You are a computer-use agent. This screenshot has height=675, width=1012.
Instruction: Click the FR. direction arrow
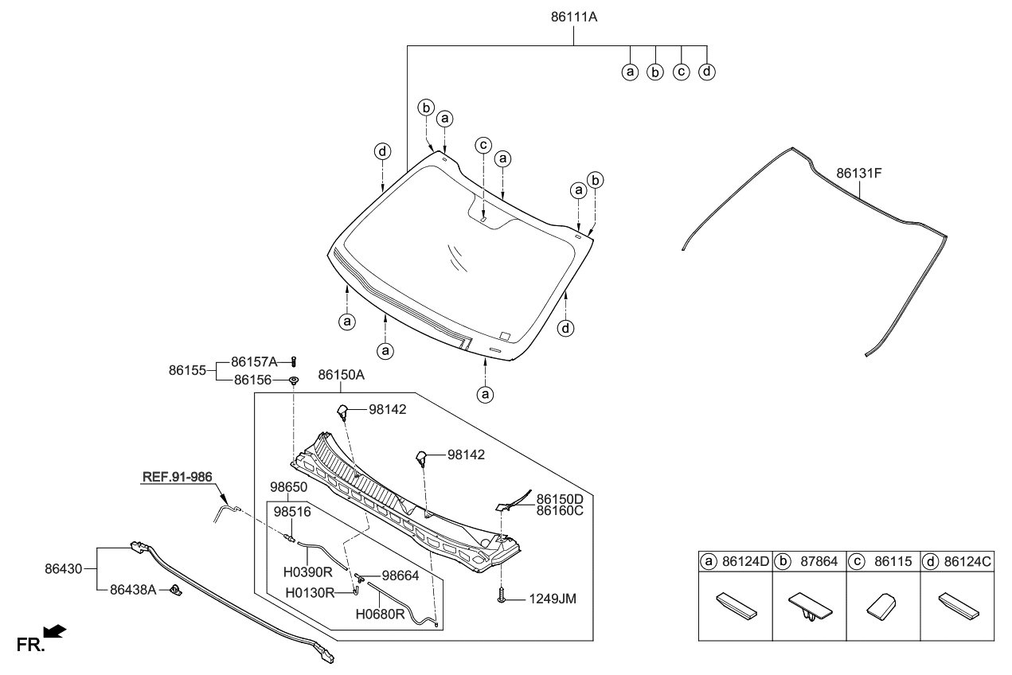pos(54,632)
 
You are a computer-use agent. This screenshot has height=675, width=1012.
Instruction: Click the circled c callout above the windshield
pos(483,145)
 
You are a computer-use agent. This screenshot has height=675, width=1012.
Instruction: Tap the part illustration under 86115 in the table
pos(883,607)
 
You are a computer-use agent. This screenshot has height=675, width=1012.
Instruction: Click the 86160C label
pos(560,511)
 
